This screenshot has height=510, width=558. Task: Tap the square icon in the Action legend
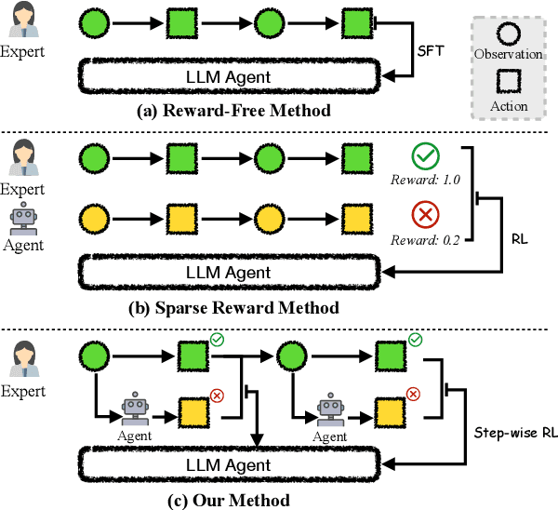(508, 83)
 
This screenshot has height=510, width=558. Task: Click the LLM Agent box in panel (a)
(231, 76)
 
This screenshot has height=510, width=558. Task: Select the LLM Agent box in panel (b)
(231, 272)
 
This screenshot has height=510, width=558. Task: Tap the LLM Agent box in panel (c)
(231, 464)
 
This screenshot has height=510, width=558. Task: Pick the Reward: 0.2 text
(426, 241)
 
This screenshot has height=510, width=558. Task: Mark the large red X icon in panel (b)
(426, 216)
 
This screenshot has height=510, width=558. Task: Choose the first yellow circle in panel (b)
(93, 221)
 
